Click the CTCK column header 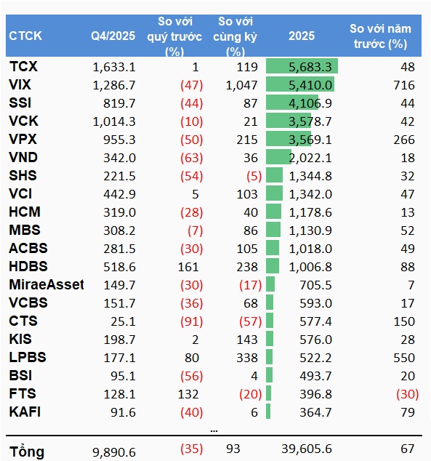tap(25, 36)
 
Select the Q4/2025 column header tap(113, 36)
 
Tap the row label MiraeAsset tap(47, 284)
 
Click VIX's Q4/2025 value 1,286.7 tap(114, 85)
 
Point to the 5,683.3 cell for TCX tap(310, 67)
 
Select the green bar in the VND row tap(278, 157)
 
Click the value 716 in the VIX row tap(404, 85)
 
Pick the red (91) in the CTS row tap(192, 321)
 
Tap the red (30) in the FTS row tap(407, 394)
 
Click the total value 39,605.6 tap(307, 449)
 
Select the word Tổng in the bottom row tap(27, 452)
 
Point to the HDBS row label tap(28, 266)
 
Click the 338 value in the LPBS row tap(247, 358)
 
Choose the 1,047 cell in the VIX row tap(241, 85)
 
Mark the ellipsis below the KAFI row tap(214, 431)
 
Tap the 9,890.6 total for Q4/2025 tap(114, 452)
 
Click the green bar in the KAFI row tap(268, 412)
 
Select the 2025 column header tap(302, 36)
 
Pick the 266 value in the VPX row tap(404, 140)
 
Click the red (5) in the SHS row tap(254, 176)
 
